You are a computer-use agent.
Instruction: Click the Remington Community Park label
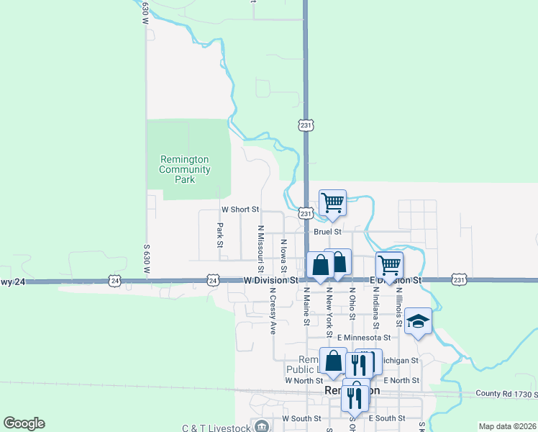pos(185,169)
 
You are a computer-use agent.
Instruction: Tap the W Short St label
pos(240,210)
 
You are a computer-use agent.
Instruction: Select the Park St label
pos(220,234)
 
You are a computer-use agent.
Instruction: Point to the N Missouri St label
pos(260,244)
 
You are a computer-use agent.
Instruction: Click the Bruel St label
pos(327,232)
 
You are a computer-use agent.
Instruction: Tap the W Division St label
pos(270,279)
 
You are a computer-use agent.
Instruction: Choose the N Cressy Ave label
pos(273,312)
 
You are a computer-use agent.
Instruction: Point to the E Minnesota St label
pos(367,337)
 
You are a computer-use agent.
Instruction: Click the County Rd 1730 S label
pos(506,395)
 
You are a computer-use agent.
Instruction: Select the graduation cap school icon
pos(418,322)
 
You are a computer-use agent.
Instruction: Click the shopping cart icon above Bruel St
pos(332,203)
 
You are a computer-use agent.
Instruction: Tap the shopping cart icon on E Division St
pos(389,265)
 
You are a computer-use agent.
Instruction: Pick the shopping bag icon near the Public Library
pos(334,361)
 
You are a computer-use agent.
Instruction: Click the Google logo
pos(24,423)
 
